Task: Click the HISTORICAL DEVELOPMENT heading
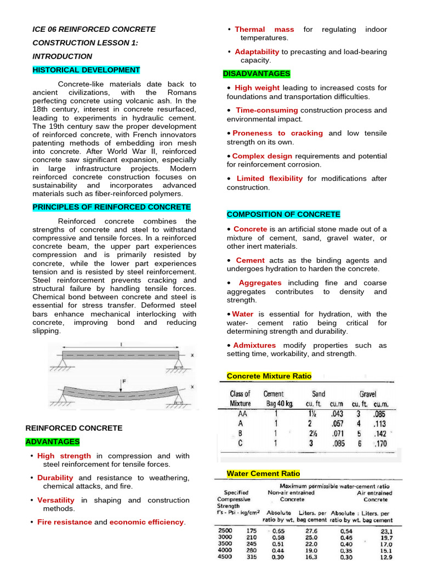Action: [86, 70]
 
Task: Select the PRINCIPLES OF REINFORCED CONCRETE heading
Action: [111, 207]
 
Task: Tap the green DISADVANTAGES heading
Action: [257, 73]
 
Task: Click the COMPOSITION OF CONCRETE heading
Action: [283, 214]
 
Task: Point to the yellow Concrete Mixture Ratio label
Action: [269, 376]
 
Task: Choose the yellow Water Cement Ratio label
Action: [263, 473]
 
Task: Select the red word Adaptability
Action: [257, 51]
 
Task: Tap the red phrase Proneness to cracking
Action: [277, 133]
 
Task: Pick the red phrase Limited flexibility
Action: [269, 179]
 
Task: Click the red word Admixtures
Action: [255, 345]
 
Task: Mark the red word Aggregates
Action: [260, 283]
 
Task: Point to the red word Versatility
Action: [56, 500]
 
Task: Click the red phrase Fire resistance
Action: [65, 522]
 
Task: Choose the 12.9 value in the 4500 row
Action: [386, 557]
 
